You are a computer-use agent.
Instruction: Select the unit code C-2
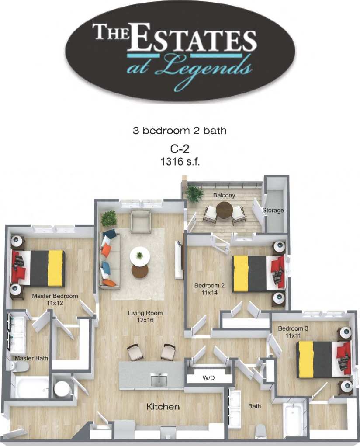180,149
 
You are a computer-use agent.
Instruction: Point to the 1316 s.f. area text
180,161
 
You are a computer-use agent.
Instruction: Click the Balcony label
224,195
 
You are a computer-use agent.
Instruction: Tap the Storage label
273,210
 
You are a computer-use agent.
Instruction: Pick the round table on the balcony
225,211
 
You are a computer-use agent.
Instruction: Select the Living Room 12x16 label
145,316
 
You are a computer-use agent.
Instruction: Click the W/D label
208,378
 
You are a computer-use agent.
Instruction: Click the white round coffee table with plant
139,255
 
